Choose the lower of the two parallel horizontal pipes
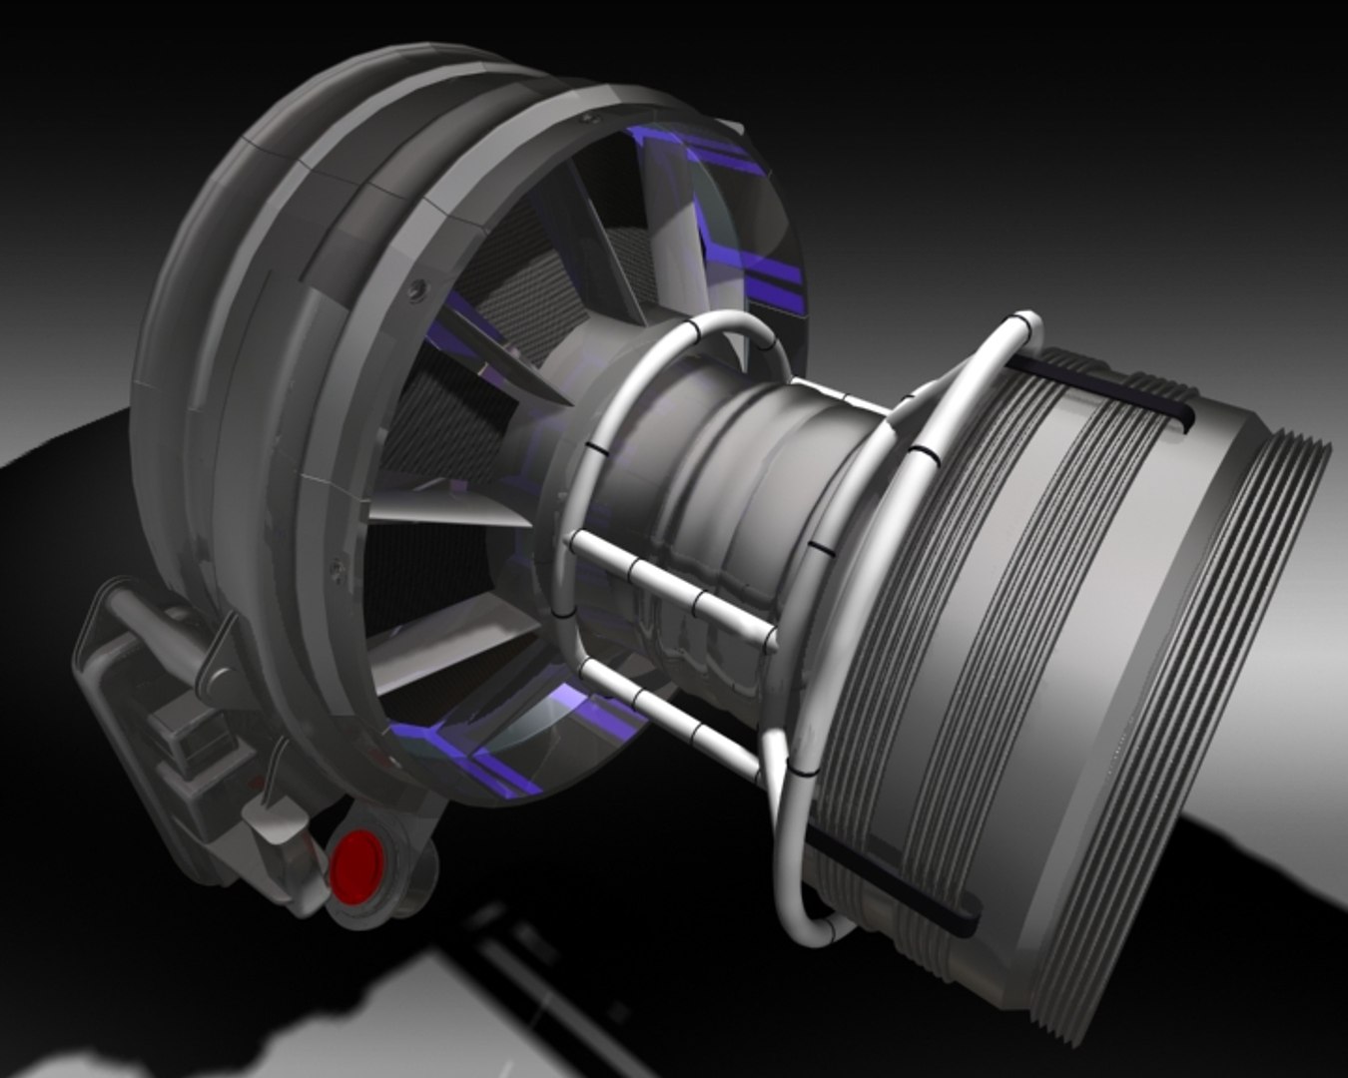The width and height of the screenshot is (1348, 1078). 669,714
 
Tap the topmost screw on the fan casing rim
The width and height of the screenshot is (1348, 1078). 584,118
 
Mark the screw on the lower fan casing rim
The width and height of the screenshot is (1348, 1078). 337,567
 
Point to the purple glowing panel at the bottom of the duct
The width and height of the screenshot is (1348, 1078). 479,759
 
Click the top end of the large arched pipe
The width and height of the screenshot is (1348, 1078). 1023,324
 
